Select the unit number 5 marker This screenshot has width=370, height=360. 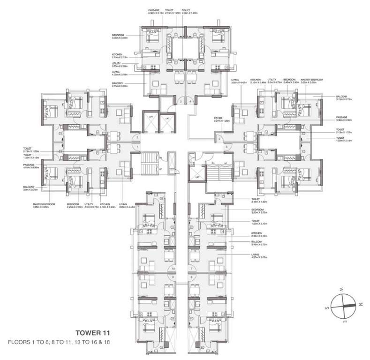(x=218, y=139)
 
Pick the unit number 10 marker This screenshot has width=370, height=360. (x=174, y=268)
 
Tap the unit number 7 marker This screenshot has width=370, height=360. (x=192, y=268)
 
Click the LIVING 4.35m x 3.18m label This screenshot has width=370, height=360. (x=121, y=73)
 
